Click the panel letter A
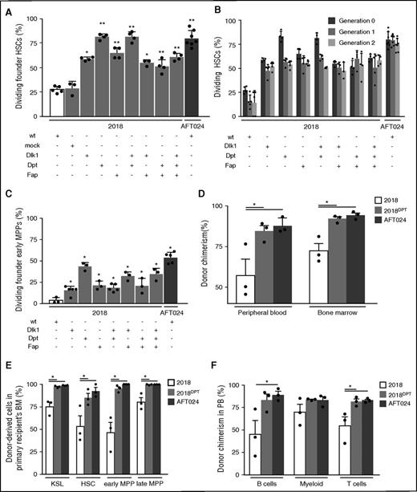click(x=6, y=8)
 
